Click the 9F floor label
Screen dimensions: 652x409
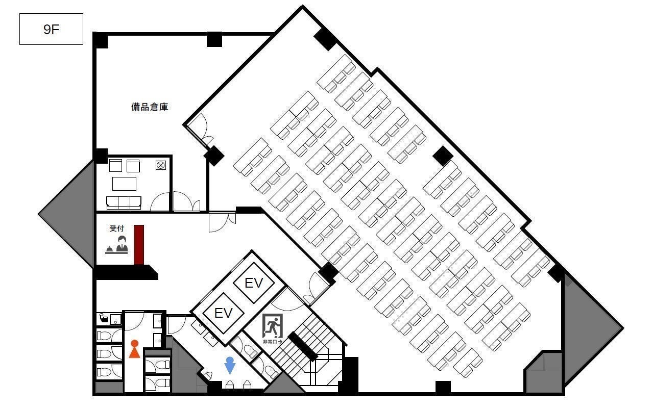(x=51, y=30)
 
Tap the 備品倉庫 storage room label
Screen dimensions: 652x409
(x=150, y=107)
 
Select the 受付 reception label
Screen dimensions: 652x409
(x=117, y=228)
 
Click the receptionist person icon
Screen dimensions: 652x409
(x=122, y=244)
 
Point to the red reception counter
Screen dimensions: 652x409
(x=139, y=245)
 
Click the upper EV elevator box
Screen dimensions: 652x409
(x=254, y=283)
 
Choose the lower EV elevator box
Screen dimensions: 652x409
(x=223, y=313)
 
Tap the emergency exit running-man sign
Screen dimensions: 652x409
(x=273, y=326)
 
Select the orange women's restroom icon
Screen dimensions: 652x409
(x=134, y=349)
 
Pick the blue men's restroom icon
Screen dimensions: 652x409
(x=230, y=365)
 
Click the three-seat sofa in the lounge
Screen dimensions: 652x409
(x=124, y=202)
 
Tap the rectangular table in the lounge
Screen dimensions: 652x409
(x=124, y=184)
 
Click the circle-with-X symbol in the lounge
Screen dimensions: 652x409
(x=161, y=165)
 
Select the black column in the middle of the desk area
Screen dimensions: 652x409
(x=443, y=156)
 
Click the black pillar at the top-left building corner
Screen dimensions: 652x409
(x=100, y=40)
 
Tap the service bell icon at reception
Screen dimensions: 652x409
(x=109, y=250)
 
